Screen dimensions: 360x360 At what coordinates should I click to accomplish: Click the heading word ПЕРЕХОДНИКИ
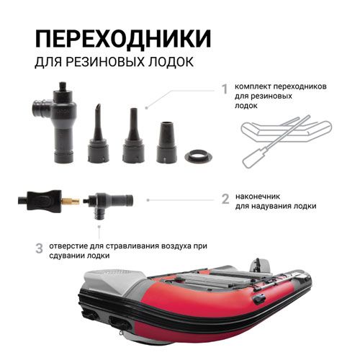(x=123, y=38)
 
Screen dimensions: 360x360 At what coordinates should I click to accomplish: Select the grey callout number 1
(x=225, y=89)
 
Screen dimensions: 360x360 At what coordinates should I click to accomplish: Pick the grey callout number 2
(x=225, y=199)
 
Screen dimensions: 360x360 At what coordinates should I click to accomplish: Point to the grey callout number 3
(x=39, y=248)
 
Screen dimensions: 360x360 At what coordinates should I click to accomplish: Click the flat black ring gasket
(x=199, y=157)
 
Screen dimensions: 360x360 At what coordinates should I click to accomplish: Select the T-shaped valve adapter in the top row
(x=55, y=122)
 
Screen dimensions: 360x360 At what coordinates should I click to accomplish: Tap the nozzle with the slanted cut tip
(x=98, y=134)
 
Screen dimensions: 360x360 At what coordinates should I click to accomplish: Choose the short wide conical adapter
(x=167, y=143)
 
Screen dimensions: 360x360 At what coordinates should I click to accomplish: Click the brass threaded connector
(x=71, y=200)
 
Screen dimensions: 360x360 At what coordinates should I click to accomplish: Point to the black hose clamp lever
(x=44, y=200)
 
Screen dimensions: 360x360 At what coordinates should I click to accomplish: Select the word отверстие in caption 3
(x=68, y=246)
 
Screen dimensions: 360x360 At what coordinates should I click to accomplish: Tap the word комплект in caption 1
(x=253, y=86)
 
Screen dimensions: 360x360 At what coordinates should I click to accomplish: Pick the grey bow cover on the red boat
(x=112, y=282)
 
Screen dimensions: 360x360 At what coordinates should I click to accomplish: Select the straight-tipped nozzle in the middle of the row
(x=133, y=135)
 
